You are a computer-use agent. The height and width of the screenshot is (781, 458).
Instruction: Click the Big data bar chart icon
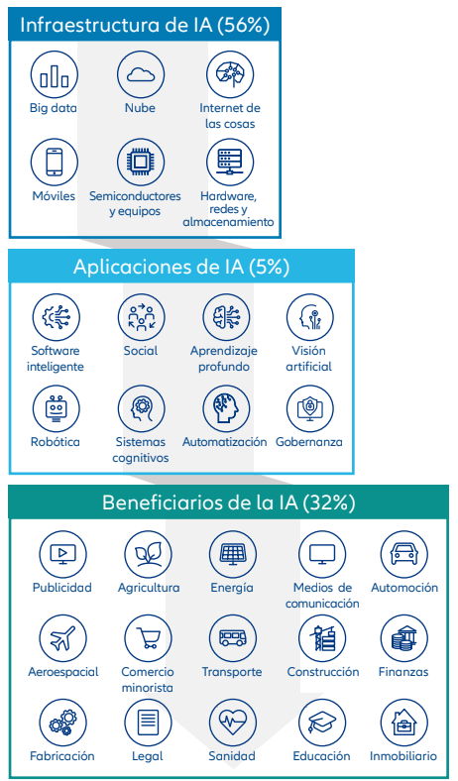coord(55,74)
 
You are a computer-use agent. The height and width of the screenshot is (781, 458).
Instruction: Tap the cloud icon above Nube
coord(141,74)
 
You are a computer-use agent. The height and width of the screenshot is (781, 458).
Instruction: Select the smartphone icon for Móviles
coord(55,163)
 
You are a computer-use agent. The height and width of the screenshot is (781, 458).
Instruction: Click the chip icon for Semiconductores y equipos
coord(141,163)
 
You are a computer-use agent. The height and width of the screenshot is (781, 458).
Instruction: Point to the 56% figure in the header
coord(244,25)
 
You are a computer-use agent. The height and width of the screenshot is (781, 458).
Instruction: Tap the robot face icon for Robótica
coord(56,408)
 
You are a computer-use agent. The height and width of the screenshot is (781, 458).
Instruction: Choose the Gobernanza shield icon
coord(310,408)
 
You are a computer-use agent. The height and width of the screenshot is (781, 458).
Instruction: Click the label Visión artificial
coord(308,359)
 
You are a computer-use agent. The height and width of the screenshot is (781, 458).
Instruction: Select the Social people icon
coord(142,317)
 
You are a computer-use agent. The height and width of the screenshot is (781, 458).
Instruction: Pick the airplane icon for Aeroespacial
coord(62,638)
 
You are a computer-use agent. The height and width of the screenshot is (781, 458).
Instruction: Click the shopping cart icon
coord(148,638)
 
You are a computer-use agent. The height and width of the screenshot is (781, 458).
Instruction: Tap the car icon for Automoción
coord(404,554)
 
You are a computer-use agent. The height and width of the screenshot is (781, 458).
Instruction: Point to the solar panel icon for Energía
coord(233,554)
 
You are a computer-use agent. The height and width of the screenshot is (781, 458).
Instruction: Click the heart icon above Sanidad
coord(233,723)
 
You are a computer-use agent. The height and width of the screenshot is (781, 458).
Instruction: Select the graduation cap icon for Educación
coord(322,723)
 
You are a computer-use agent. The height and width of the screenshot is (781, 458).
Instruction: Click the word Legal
coord(148,756)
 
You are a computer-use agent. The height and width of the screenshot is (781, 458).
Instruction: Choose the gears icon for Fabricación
coord(62,723)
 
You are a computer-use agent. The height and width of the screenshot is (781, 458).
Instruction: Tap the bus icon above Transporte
coord(233,638)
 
